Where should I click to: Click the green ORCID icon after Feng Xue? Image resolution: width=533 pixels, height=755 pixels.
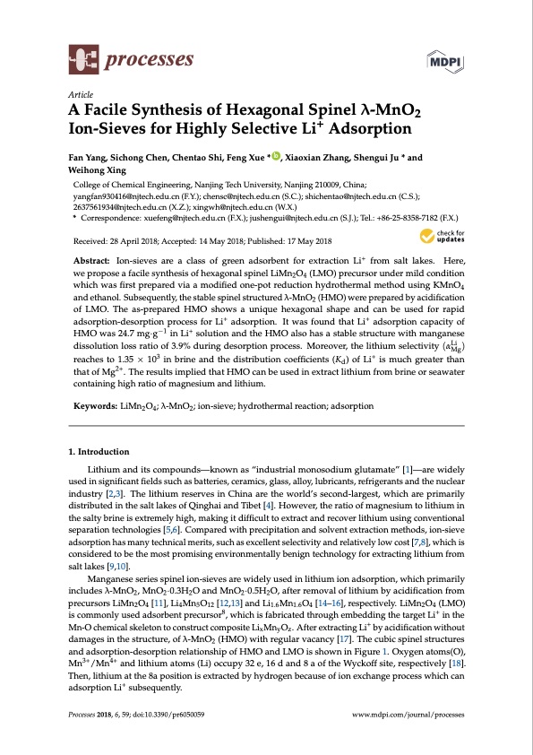275,157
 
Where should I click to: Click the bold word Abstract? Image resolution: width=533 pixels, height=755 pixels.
94,259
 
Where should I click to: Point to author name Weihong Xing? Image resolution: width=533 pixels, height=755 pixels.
99,170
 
